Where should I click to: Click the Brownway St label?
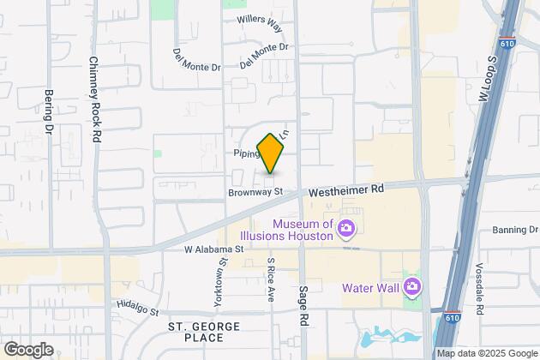255,193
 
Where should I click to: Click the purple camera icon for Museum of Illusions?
346,228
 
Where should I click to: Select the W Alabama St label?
215,249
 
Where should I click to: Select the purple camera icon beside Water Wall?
412,285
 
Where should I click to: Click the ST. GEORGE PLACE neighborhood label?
201,333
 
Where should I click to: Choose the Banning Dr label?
513,230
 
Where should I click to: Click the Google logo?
27,350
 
